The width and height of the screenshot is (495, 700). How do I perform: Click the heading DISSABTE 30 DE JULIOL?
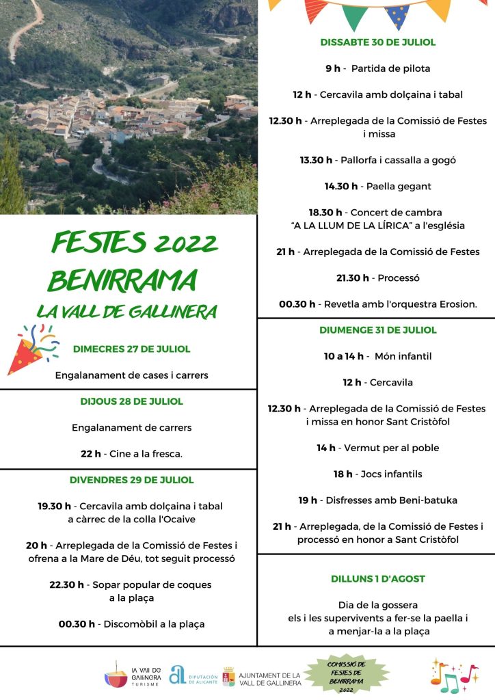click(377, 42)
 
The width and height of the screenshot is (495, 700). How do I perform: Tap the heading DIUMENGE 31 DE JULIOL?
click(377, 330)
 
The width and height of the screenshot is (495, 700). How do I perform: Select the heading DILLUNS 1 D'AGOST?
click(377, 579)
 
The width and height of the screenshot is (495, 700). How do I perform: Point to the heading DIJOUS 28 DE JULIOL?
click(131, 401)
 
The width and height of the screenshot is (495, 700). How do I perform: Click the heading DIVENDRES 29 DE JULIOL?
click(131, 480)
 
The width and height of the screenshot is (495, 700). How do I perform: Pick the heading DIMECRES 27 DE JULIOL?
click(131, 349)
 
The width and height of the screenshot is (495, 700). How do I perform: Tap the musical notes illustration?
click(453, 675)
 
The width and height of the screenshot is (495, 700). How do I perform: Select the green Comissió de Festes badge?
click(342, 676)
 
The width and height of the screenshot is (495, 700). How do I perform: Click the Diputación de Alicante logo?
click(193, 675)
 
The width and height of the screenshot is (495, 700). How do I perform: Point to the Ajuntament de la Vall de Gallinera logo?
click(261, 677)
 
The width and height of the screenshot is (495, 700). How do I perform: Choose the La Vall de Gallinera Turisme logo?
click(133, 675)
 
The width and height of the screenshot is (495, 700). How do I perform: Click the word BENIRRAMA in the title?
click(122, 280)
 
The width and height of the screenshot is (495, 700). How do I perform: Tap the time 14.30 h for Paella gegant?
click(340, 186)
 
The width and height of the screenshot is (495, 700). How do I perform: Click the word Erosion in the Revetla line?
click(458, 304)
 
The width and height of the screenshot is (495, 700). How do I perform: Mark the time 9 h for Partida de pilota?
click(332, 68)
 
